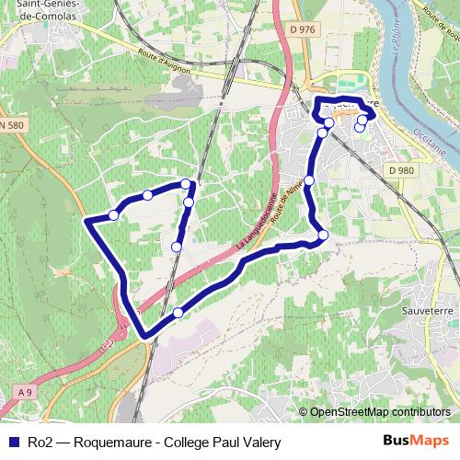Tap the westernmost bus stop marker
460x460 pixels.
click(x=113, y=214)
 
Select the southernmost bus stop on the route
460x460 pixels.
click(x=178, y=313)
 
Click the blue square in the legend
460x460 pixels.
click(x=11, y=443)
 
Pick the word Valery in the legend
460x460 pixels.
click(x=260, y=443)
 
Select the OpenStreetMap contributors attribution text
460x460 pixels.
click(x=380, y=412)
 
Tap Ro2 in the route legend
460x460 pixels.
click(x=38, y=443)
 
